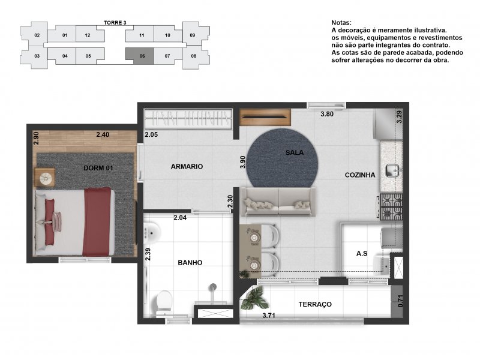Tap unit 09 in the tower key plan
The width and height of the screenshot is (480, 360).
(x=193, y=35)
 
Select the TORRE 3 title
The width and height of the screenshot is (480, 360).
(x=115, y=23)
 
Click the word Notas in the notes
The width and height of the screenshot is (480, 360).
(x=341, y=23)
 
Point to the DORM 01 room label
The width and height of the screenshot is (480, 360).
(x=98, y=168)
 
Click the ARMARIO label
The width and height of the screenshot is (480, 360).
(x=187, y=167)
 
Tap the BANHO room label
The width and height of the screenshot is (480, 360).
(x=190, y=263)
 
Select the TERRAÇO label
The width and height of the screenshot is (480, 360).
(x=315, y=304)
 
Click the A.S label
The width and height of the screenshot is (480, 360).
(x=362, y=253)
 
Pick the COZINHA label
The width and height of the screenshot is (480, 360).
(x=360, y=175)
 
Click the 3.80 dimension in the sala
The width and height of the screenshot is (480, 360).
(x=327, y=114)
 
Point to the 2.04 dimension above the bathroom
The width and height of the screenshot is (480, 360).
(x=180, y=218)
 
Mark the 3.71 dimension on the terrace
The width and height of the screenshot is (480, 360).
(x=269, y=316)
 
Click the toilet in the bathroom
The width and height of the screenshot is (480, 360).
(x=164, y=302)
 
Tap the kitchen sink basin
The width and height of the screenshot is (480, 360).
(x=392, y=170)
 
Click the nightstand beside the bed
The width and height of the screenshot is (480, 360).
(x=44, y=177)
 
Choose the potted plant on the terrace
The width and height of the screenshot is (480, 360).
(x=254, y=298)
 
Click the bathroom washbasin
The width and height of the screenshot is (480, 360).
(x=152, y=233)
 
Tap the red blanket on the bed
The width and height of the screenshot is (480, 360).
(x=97, y=222)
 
